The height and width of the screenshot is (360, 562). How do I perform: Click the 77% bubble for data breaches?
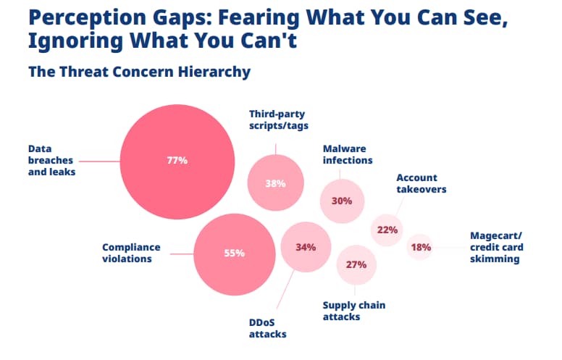tap(177, 161)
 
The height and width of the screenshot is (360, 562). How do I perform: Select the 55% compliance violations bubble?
tap(234, 254)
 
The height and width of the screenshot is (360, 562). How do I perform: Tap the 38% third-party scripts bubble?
tap(275, 183)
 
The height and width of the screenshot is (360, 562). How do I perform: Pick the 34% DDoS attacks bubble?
tap(306, 247)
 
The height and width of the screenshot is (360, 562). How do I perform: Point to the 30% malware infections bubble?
tap(342, 201)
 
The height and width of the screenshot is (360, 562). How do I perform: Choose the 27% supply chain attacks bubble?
tap(356, 264)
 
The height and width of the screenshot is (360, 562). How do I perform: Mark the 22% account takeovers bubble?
tap(387, 230)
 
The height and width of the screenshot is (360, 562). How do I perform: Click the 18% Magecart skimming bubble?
tap(421, 247)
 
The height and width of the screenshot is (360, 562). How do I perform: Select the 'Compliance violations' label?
tap(131, 253)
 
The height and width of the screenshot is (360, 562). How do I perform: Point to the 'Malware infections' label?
tap(348, 154)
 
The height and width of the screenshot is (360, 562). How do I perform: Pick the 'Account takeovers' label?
tap(421, 183)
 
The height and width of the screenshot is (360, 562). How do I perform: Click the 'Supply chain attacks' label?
tap(353, 311)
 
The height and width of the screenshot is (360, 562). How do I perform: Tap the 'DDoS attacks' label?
tap(267, 328)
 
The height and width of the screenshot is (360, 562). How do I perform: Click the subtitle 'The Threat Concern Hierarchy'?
tap(139, 72)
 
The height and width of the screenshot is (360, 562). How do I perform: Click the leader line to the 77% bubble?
tap(98, 161)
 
